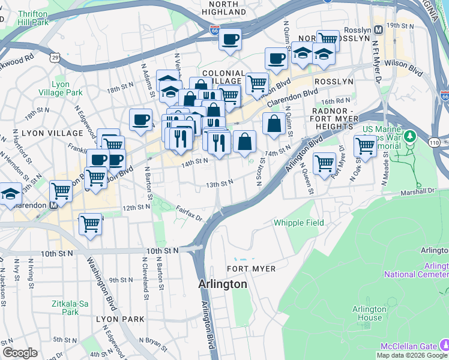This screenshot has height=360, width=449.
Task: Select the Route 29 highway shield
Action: click(55, 57)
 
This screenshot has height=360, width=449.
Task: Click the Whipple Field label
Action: click(299, 223)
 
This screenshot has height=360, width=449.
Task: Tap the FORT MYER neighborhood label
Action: click(251, 269)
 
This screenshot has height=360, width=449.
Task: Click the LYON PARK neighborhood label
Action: click(119, 319)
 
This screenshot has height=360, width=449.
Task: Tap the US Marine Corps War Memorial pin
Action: click(411, 136)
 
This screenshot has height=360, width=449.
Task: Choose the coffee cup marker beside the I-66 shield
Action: click(229, 40)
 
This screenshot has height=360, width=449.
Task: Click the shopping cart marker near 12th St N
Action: click(90, 224)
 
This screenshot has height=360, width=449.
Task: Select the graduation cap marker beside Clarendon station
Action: click(10, 194)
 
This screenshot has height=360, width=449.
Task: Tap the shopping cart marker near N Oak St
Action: click(365, 145)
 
